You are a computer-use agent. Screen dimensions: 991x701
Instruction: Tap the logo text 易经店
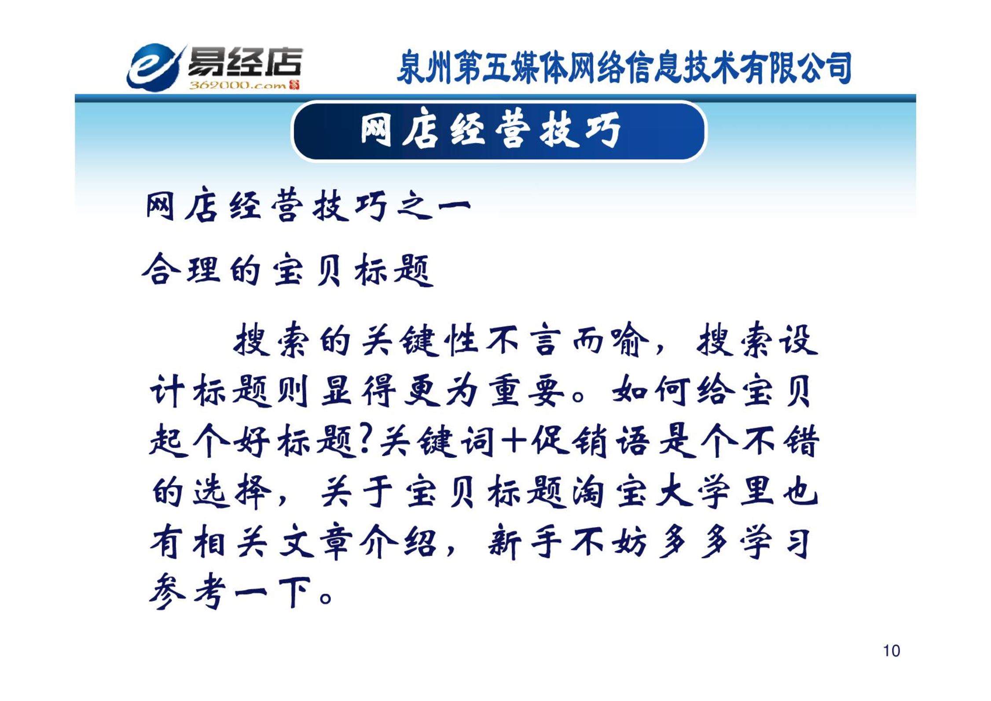coord(245,62)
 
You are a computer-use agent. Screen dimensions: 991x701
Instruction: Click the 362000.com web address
coord(238,85)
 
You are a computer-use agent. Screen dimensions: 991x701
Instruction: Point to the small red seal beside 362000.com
coord(294,85)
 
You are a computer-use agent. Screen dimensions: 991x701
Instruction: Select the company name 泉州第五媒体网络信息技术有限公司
coord(624,67)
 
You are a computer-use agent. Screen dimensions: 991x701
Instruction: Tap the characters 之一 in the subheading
coord(433,206)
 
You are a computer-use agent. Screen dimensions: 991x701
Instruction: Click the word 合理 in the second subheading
coord(181,269)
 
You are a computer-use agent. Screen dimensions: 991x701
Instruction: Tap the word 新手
coord(525,542)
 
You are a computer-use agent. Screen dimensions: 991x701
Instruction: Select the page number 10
coord(892,651)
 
